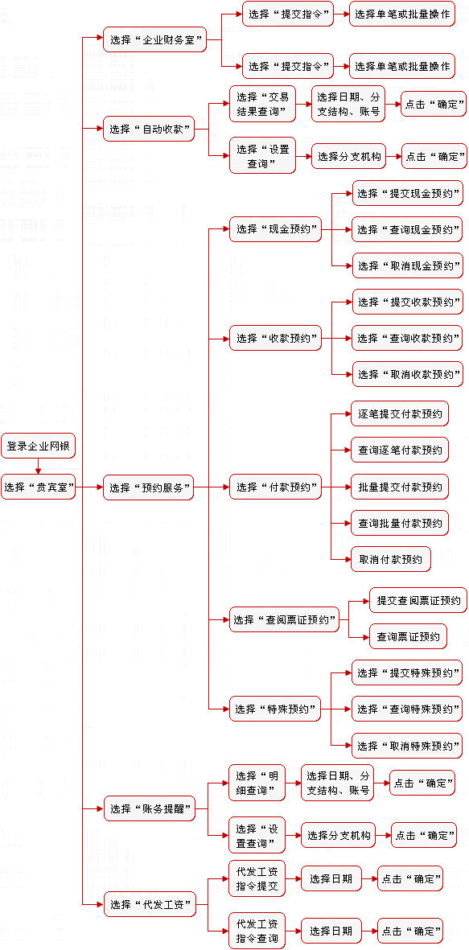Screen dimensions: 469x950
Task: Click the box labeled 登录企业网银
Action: click(x=38, y=446)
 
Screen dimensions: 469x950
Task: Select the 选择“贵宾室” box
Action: click(x=38, y=487)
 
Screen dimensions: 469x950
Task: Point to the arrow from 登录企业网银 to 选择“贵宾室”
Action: click(x=38, y=467)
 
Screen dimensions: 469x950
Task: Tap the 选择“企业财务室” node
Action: click(x=154, y=39)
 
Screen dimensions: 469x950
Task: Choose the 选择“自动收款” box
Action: click(x=149, y=129)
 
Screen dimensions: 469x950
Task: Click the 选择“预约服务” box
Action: click(x=149, y=487)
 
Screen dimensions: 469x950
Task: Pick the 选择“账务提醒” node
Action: click(x=149, y=808)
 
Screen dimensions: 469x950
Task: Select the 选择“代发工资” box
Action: click(x=149, y=906)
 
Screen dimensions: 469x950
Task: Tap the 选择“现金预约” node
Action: click(x=274, y=229)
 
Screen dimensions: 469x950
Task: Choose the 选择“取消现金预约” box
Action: click(x=407, y=265)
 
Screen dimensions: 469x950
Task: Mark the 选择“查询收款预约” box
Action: click(x=407, y=338)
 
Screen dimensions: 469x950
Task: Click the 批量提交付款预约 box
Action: click(x=400, y=487)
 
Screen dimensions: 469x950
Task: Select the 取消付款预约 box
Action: click(x=391, y=558)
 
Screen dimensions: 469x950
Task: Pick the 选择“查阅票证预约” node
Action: click(x=284, y=620)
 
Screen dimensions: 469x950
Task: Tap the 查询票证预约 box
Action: click(x=409, y=636)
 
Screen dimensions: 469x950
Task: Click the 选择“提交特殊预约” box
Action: click(x=407, y=672)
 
